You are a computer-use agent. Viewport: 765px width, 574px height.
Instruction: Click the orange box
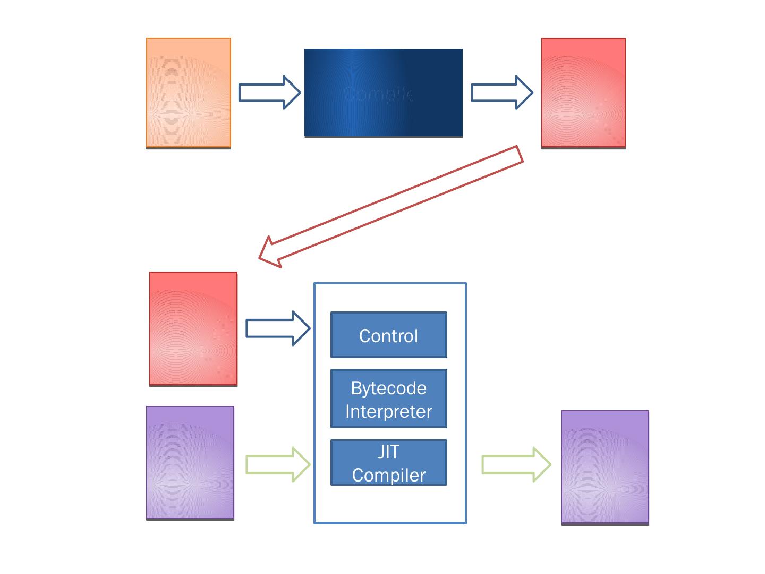pyautogui.click(x=189, y=93)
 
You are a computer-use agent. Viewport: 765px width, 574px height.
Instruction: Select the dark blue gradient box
pyautogui.click(x=383, y=93)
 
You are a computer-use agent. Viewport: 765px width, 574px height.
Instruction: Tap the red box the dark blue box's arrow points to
pyautogui.click(x=583, y=93)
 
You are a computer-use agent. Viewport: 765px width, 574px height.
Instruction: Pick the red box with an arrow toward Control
pyautogui.click(x=193, y=328)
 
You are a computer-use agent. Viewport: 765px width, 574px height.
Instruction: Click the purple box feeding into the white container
pyautogui.click(x=190, y=462)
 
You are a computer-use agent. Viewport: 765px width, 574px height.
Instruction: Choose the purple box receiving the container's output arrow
pyautogui.click(x=605, y=467)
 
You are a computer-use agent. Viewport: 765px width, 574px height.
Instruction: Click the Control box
pyautogui.click(x=389, y=335)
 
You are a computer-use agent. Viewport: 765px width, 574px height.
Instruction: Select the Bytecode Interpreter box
pyautogui.click(x=389, y=399)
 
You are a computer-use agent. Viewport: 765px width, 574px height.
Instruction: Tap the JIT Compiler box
pyautogui.click(x=389, y=462)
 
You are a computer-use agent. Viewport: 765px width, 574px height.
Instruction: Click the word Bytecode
pyautogui.click(x=389, y=388)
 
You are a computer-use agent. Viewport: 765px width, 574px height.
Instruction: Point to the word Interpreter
pyautogui.click(x=389, y=411)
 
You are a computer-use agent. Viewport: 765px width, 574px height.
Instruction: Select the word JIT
pyautogui.click(x=389, y=452)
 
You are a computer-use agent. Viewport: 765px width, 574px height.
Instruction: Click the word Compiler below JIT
pyautogui.click(x=389, y=475)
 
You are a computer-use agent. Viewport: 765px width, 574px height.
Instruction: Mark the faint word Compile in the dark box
pyautogui.click(x=378, y=94)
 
